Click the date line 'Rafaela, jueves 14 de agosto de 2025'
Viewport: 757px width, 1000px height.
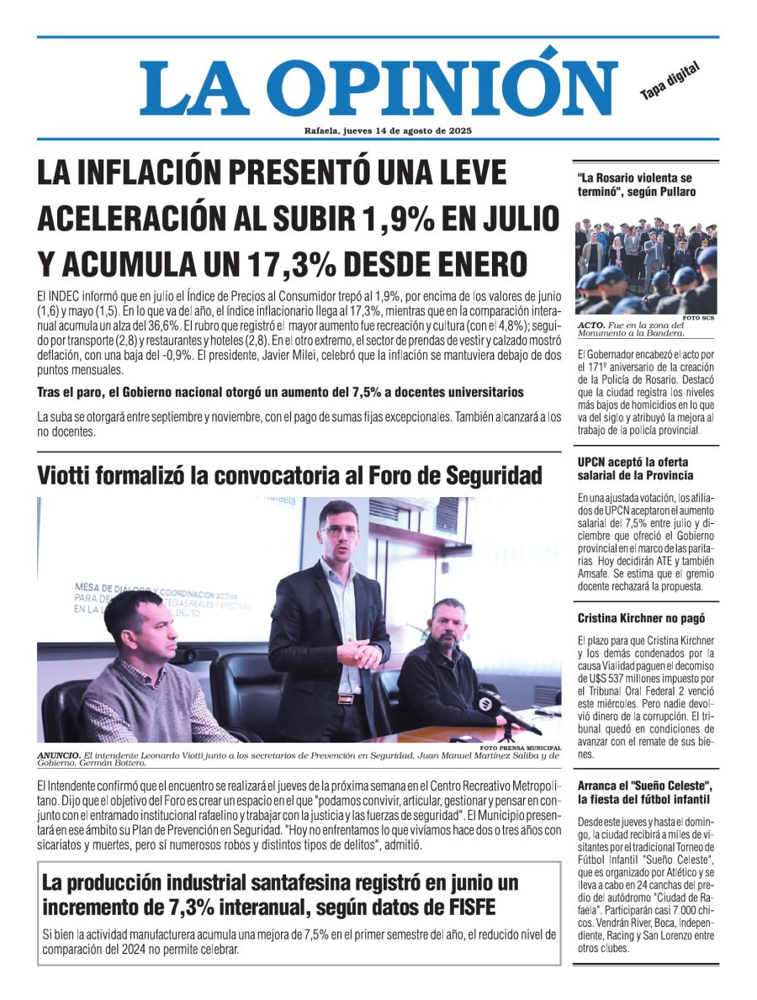tap(388, 130)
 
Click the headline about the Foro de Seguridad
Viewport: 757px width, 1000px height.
tap(289, 476)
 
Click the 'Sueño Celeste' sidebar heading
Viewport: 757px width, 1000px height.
tap(645, 792)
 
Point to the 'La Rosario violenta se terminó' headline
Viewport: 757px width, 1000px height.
tap(636, 185)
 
